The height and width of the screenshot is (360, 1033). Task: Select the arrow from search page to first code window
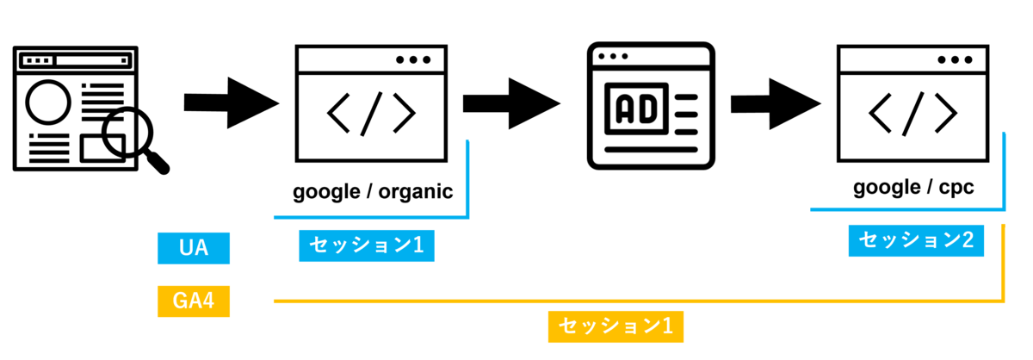click(231, 104)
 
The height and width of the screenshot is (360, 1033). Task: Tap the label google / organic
click(372, 191)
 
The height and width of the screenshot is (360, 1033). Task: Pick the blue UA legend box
click(194, 248)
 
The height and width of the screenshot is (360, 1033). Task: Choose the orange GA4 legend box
click(194, 301)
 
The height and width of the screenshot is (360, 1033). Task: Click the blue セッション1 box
click(366, 246)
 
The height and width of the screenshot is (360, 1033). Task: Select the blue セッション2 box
click(915, 241)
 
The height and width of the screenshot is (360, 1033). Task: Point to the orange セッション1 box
click(616, 326)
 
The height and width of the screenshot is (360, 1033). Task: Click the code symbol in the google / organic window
click(372, 111)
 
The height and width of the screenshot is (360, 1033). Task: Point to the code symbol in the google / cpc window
click(913, 111)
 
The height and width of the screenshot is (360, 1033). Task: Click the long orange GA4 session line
click(637, 301)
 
